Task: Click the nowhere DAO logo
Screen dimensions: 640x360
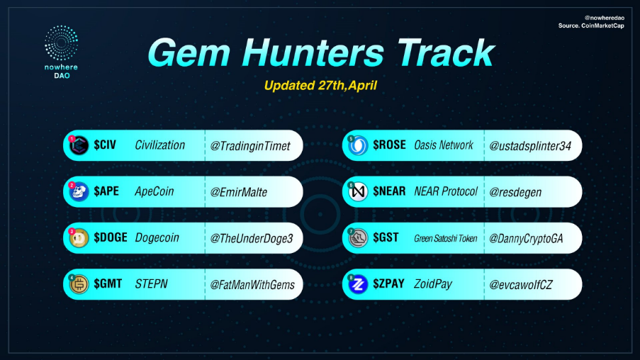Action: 61,52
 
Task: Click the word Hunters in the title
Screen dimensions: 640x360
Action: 313,53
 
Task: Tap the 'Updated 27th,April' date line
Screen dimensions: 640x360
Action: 320,86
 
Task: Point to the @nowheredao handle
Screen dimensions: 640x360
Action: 604,18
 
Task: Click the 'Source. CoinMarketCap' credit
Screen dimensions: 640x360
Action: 591,26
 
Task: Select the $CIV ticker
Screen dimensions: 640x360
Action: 105,145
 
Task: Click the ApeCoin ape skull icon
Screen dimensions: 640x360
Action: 79,192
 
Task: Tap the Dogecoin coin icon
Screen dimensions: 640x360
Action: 79,238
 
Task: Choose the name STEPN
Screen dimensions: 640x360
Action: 151,284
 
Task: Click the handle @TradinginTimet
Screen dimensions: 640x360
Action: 249,146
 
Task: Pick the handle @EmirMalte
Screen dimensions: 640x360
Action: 238,192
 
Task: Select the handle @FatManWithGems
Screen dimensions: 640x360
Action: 252,284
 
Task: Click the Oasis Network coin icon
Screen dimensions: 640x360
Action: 358,145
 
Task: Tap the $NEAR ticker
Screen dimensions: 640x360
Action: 389,191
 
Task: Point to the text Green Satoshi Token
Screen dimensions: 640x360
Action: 445,238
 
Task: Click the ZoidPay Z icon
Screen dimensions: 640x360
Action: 358,284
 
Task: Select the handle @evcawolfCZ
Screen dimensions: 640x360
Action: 520,284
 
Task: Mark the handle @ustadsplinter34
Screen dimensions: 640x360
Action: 530,146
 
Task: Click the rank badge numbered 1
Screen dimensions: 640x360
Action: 72,139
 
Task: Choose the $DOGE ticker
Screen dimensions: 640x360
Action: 111,237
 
